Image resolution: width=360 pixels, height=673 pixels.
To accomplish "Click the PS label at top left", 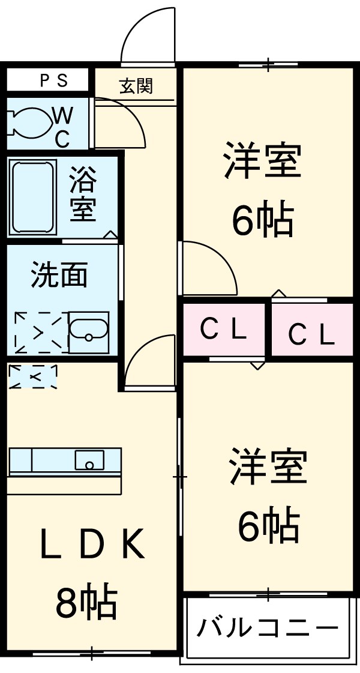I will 55,80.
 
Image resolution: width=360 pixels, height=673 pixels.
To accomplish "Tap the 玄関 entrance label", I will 136,86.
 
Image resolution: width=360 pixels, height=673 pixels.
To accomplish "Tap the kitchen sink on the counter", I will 89,461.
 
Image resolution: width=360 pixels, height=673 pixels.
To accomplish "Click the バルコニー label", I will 267,628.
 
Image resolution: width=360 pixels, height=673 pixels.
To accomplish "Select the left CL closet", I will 223,330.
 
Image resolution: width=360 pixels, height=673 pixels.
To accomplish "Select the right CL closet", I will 311,334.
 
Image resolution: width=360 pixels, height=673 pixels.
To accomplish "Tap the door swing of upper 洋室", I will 207,267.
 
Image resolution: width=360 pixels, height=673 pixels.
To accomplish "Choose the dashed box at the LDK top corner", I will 34,376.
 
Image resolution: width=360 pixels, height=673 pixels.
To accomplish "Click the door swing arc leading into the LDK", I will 150,363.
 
